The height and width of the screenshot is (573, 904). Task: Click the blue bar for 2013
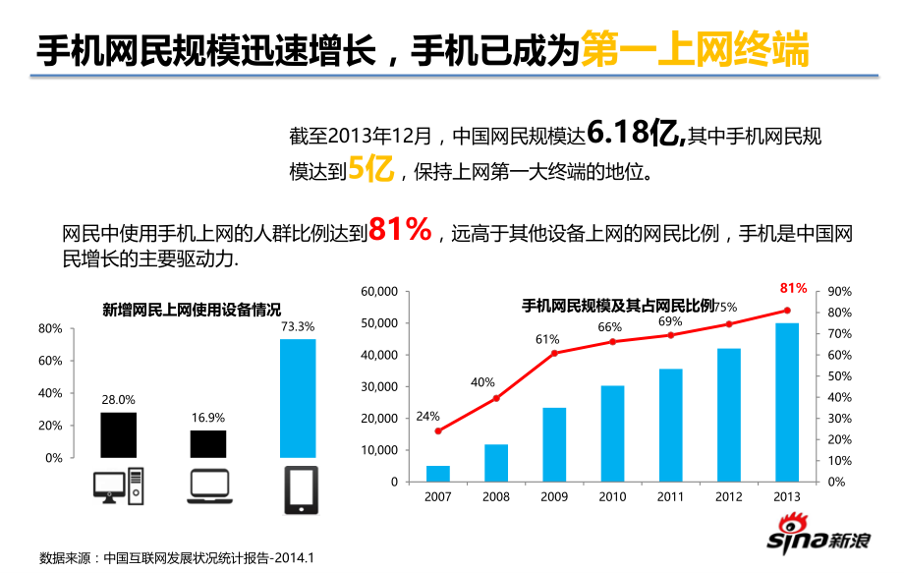tap(787, 402)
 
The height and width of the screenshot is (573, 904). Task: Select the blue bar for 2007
tap(438, 474)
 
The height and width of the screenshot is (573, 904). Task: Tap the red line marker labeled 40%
tap(496, 398)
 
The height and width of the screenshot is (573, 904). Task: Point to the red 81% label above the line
tap(793, 288)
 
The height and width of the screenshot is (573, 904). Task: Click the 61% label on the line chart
tap(547, 340)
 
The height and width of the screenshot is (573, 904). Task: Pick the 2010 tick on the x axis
tap(612, 497)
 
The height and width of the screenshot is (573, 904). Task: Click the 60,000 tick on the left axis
tap(379, 292)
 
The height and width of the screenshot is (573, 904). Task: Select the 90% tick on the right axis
tap(840, 292)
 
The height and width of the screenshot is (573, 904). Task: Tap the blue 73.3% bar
tap(298, 398)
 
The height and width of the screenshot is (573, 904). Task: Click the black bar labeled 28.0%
tap(118, 434)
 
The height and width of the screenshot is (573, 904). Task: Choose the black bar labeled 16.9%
tap(207, 443)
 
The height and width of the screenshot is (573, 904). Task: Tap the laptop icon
tap(207, 486)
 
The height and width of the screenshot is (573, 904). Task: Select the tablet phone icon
tap(300, 489)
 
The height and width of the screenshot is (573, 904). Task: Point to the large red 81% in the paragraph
tap(400, 230)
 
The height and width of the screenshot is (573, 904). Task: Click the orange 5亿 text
tap(370, 169)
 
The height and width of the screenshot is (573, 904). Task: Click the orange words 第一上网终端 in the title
tap(695, 48)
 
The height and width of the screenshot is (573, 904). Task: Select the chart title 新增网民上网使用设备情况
tap(192, 310)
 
